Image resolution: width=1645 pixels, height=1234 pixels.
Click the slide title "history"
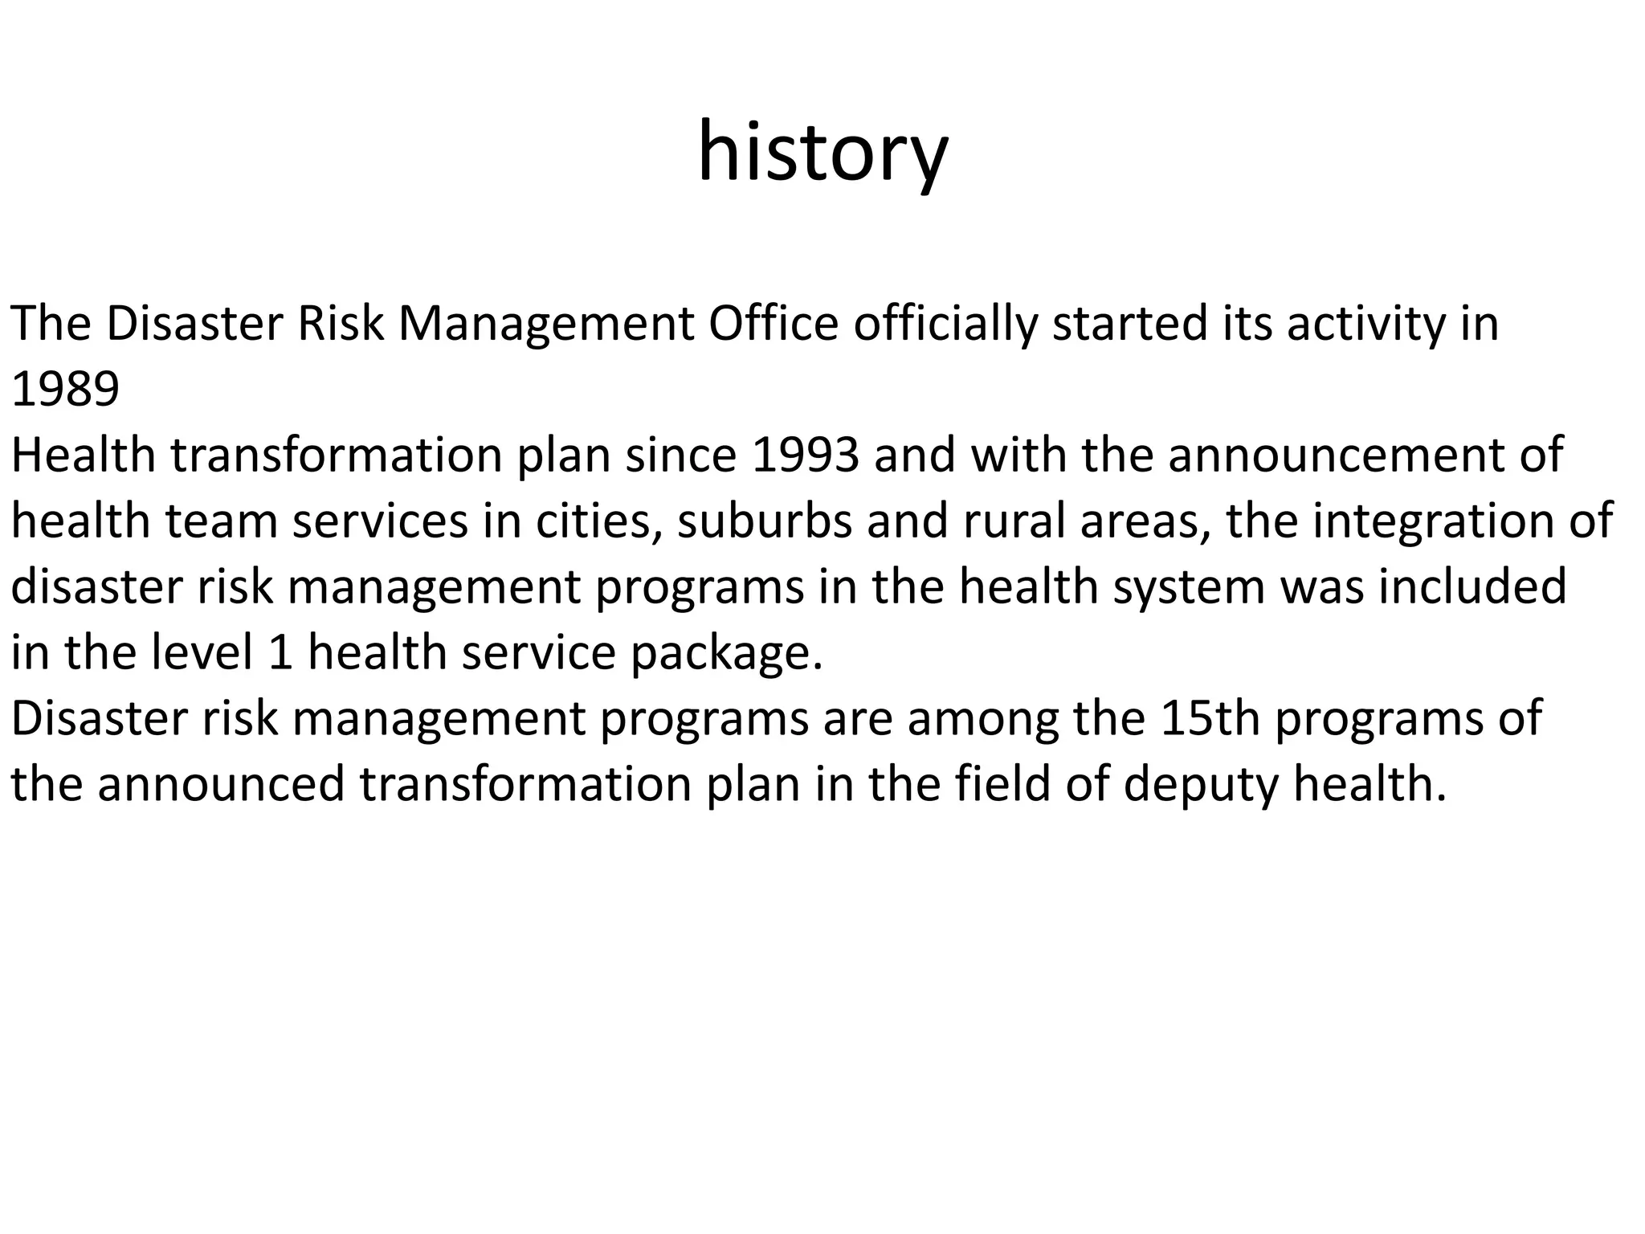tap(822, 153)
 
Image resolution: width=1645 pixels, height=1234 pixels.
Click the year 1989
tap(65, 390)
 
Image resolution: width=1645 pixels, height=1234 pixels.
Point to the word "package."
tap(727, 652)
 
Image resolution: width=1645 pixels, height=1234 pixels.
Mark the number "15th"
tap(1210, 717)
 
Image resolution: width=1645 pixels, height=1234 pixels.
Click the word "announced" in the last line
tap(221, 783)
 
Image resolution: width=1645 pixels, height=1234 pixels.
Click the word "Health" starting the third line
tap(83, 455)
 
